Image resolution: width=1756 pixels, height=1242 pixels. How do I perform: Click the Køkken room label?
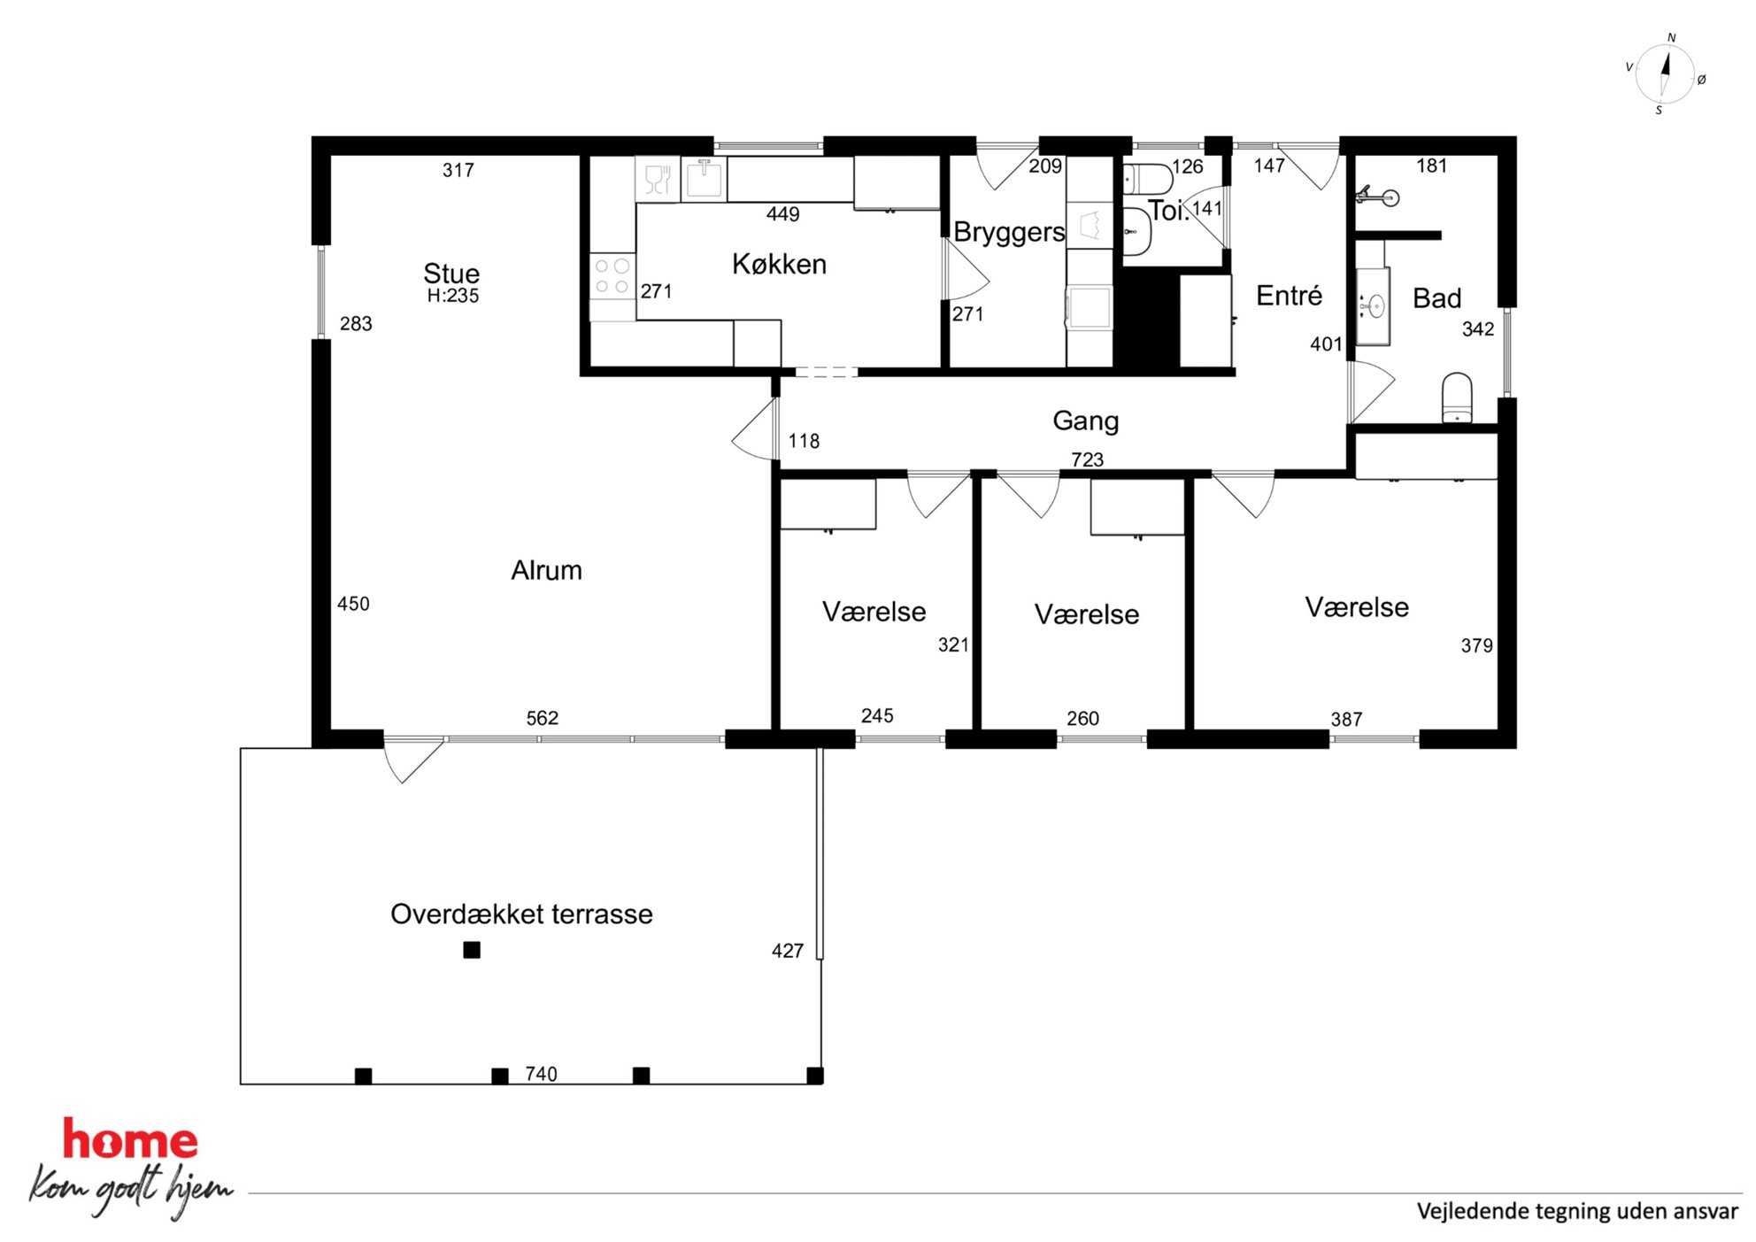[779, 264]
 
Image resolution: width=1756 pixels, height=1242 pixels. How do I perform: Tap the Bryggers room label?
[1009, 232]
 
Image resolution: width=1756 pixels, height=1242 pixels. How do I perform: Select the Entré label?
[1289, 295]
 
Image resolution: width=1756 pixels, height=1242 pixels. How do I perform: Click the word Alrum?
[546, 570]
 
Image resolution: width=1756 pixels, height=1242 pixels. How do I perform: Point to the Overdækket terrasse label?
[521, 914]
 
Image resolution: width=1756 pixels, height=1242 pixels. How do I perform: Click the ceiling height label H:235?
[452, 296]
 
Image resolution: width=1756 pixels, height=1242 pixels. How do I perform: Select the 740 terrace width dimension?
[541, 1074]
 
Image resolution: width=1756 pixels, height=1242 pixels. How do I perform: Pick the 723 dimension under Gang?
[1087, 459]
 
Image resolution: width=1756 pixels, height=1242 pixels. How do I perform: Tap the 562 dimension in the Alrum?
[543, 718]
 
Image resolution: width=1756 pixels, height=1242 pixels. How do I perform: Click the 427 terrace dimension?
[787, 951]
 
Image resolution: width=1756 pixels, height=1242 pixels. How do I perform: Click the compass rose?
[1665, 74]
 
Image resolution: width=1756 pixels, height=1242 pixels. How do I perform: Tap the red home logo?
[130, 1140]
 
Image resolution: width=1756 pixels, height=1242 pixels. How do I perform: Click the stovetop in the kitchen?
[612, 276]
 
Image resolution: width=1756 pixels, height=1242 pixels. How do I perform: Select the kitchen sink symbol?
[704, 178]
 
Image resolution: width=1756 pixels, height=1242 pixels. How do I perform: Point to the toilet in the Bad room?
[1457, 398]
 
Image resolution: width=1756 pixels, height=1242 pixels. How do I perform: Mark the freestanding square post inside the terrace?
[472, 950]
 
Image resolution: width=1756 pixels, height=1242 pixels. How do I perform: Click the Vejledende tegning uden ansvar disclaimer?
[1577, 1211]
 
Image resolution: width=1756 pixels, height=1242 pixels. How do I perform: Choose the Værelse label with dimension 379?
[1357, 607]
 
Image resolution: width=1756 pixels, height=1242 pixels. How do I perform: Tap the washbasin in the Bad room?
[1373, 306]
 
